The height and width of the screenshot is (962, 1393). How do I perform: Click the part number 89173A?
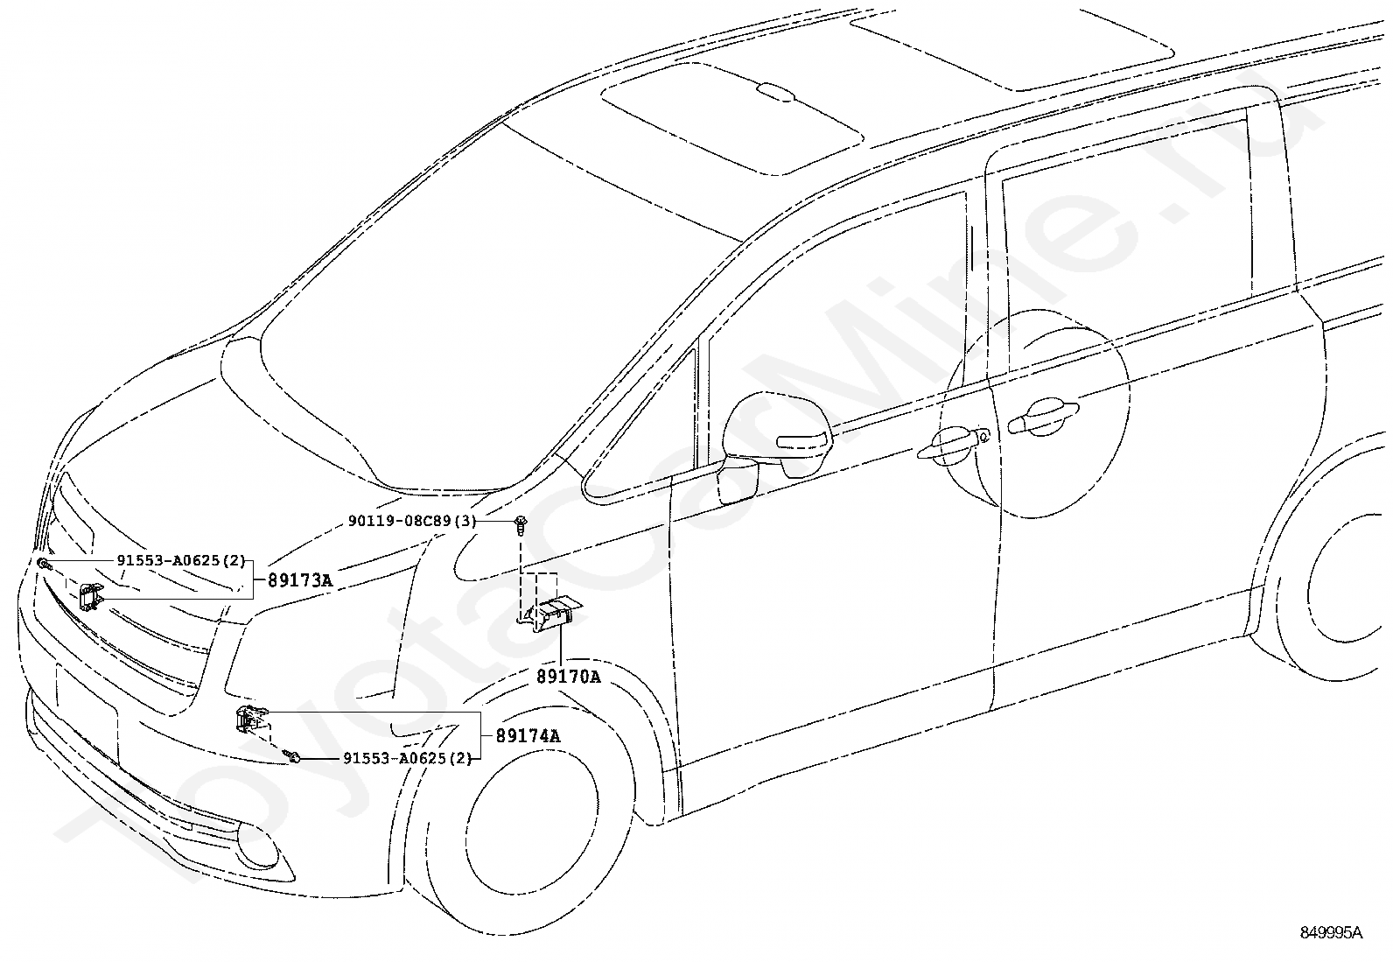point(300,579)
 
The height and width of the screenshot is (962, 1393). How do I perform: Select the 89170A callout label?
point(569,677)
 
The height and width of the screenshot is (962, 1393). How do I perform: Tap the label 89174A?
point(528,736)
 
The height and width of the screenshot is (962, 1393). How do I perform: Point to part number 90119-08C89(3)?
point(411,521)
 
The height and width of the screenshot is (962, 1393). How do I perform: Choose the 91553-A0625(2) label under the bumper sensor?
point(407,758)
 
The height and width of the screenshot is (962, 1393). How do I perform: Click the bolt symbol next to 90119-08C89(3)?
point(521,524)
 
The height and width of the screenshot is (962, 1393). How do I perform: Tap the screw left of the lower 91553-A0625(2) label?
point(295,756)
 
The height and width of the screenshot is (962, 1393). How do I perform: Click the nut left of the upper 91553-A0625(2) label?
point(41,563)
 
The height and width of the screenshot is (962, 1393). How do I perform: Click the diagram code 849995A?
point(1330,933)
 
